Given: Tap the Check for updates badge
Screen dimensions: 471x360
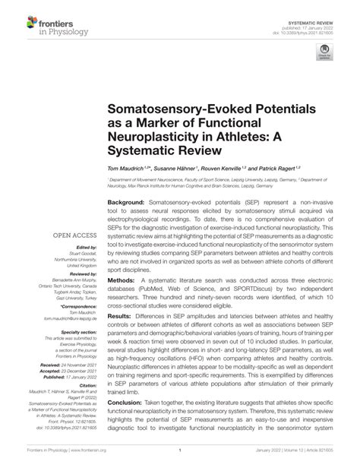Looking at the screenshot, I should coord(325,51).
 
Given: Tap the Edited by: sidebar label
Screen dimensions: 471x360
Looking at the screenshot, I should coord(87,248).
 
